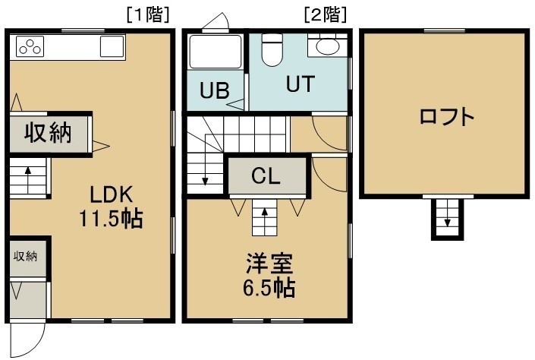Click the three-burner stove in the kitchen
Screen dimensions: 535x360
[x=30, y=46]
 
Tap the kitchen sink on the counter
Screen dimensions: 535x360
[x=112, y=46]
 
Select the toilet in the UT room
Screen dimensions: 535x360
[x=272, y=49]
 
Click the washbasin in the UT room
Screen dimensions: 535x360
[x=327, y=46]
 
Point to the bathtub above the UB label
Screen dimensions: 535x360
[x=216, y=52]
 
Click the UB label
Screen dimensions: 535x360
[x=214, y=91]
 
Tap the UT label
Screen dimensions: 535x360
[x=301, y=84]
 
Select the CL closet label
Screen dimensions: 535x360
[x=266, y=176]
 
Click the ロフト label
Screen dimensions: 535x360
[x=446, y=116]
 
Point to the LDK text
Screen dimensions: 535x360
[x=111, y=195]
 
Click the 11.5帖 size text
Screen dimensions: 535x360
[x=111, y=219]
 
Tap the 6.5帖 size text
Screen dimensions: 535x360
[x=269, y=289]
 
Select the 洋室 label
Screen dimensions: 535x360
[x=269, y=264]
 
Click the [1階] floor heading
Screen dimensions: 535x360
[x=148, y=14]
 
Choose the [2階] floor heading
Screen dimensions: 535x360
[x=325, y=14]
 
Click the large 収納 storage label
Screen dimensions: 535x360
[x=48, y=132]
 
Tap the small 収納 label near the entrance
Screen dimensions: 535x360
[x=25, y=256]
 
